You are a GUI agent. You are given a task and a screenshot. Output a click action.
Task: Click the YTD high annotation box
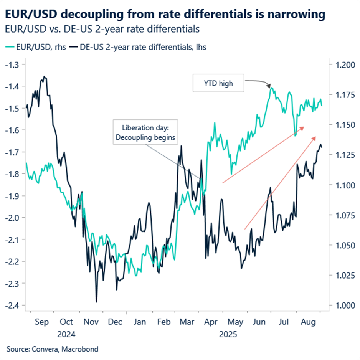(x=218, y=83)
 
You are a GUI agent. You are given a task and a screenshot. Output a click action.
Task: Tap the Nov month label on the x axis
(x=91, y=322)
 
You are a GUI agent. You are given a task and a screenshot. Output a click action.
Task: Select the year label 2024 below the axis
(x=66, y=334)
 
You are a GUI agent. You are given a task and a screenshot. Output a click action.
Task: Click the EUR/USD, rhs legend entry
(x=36, y=47)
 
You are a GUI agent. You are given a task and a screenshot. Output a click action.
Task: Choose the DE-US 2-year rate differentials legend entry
(x=140, y=47)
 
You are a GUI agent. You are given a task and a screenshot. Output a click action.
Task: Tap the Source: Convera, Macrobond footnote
(x=52, y=349)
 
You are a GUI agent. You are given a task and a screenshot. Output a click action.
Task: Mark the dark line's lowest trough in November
(x=96, y=302)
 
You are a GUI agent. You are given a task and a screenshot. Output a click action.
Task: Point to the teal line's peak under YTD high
(x=271, y=88)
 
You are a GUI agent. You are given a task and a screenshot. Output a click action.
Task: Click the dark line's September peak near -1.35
(x=45, y=77)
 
